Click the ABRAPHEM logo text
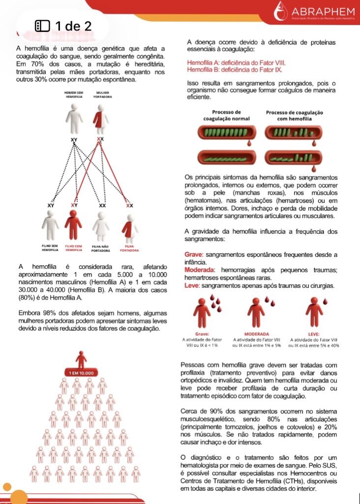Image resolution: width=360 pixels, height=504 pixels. coord(323,12)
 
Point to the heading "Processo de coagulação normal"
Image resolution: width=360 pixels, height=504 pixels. coord(226,115)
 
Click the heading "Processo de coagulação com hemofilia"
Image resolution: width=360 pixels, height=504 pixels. coord(295,115)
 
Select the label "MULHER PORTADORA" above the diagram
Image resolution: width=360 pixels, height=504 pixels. coord(102,94)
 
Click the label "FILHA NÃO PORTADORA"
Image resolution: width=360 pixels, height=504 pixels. coord(100,248)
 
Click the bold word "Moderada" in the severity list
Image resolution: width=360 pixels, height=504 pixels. coord(199,270)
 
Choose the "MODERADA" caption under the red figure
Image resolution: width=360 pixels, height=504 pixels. coord(256,333)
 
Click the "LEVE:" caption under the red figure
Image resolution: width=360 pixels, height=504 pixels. coord(314,333)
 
